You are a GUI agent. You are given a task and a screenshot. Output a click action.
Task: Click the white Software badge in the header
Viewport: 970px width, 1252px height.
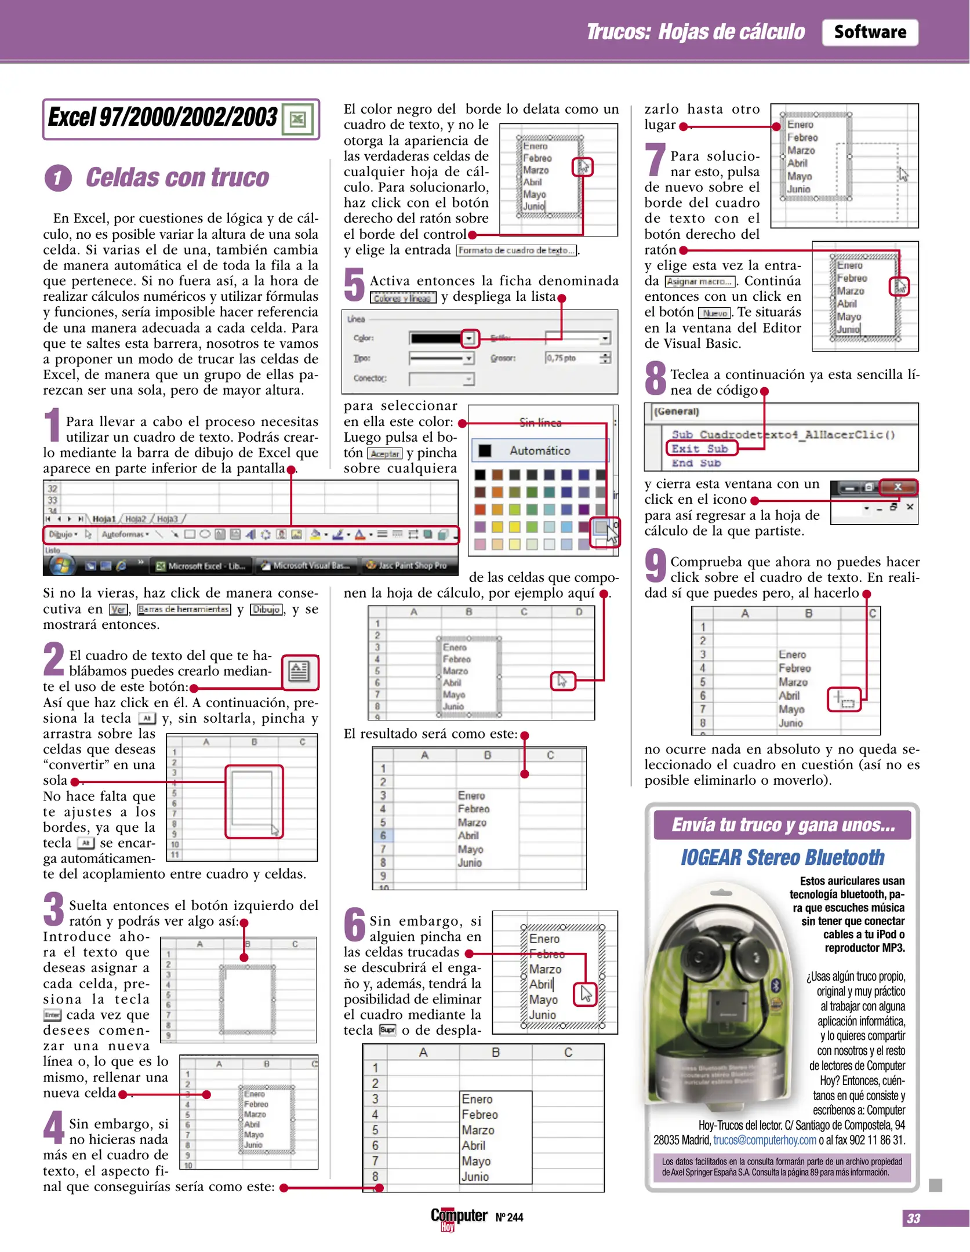(869, 32)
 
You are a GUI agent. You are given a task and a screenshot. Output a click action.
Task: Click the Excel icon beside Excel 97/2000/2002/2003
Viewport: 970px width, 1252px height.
(297, 119)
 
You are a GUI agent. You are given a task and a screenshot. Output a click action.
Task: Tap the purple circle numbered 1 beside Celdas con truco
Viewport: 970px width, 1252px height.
(58, 178)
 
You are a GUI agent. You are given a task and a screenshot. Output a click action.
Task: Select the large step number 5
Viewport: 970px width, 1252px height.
(354, 285)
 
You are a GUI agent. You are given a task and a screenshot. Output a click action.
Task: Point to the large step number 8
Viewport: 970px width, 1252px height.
(656, 378)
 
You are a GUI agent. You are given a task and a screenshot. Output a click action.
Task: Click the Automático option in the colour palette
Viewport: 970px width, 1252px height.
(539, 450)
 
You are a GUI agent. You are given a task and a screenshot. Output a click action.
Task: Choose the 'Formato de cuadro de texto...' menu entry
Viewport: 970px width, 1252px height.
(516, 250)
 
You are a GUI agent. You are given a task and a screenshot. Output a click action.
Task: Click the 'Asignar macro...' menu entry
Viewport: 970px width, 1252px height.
(700, 282)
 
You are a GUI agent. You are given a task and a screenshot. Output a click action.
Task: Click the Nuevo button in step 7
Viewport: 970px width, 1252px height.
(714, 313)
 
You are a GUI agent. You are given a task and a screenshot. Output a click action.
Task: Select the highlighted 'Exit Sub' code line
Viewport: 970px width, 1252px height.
(700, 449)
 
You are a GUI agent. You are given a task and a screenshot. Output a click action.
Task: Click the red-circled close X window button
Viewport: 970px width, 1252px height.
(898, 487)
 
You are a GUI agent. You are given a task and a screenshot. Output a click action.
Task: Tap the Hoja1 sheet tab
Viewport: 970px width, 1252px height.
(104, 519)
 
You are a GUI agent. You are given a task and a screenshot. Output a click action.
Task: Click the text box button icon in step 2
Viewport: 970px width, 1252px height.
(299, 672)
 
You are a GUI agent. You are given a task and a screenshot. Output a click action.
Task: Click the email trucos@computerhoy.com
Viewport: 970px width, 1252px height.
(764, 1140)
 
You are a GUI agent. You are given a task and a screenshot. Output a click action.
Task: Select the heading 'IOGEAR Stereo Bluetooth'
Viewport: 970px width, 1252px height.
(782, 857)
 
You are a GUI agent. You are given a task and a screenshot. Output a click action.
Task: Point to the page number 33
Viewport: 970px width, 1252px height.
(914, 1218)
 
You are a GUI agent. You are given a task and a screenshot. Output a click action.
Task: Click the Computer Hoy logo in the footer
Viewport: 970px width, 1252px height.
(459, 1217)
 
